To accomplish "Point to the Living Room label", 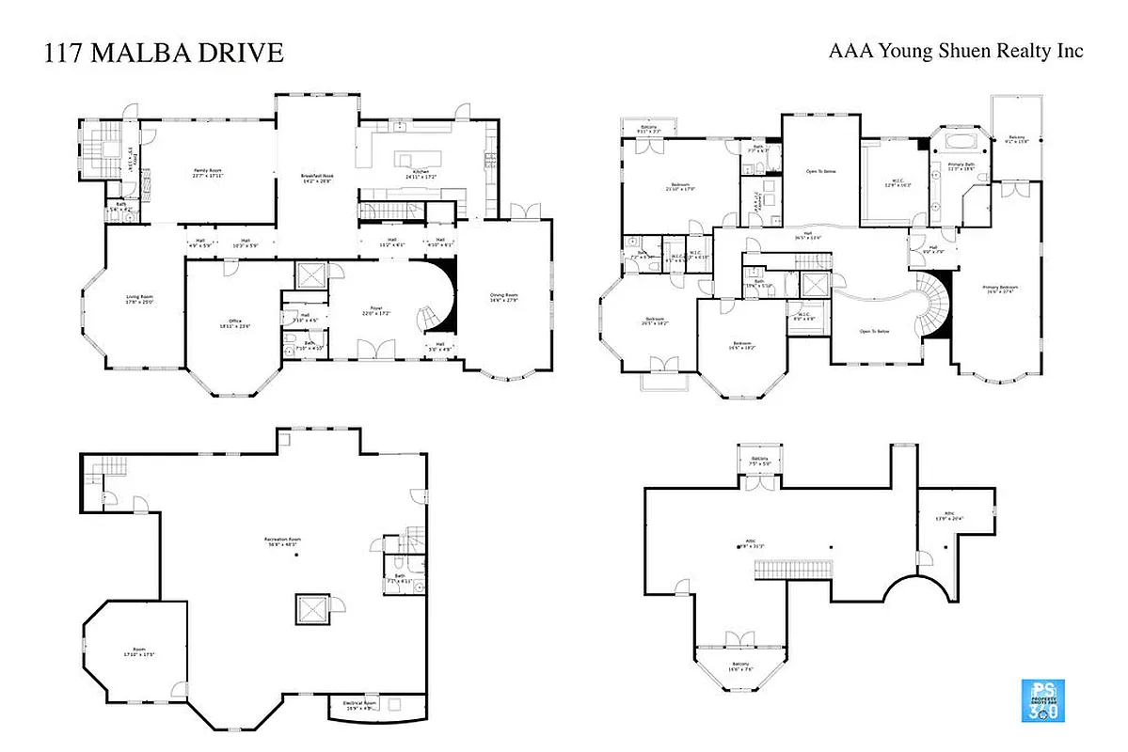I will coord(139,300).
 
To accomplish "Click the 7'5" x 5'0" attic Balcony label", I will coord(755,462).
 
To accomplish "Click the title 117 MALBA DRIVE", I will coord(164,54).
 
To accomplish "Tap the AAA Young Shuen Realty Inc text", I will coord(955,51).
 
